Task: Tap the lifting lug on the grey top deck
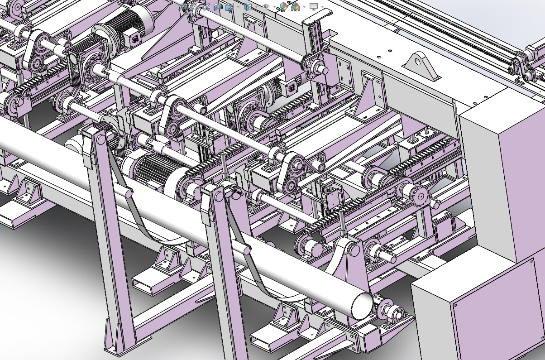(x=421, y=66)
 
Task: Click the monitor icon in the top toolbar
(x=313, y=7)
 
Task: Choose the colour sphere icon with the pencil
(x=284, y=7)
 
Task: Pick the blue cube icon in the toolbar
(x=247, y=7)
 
